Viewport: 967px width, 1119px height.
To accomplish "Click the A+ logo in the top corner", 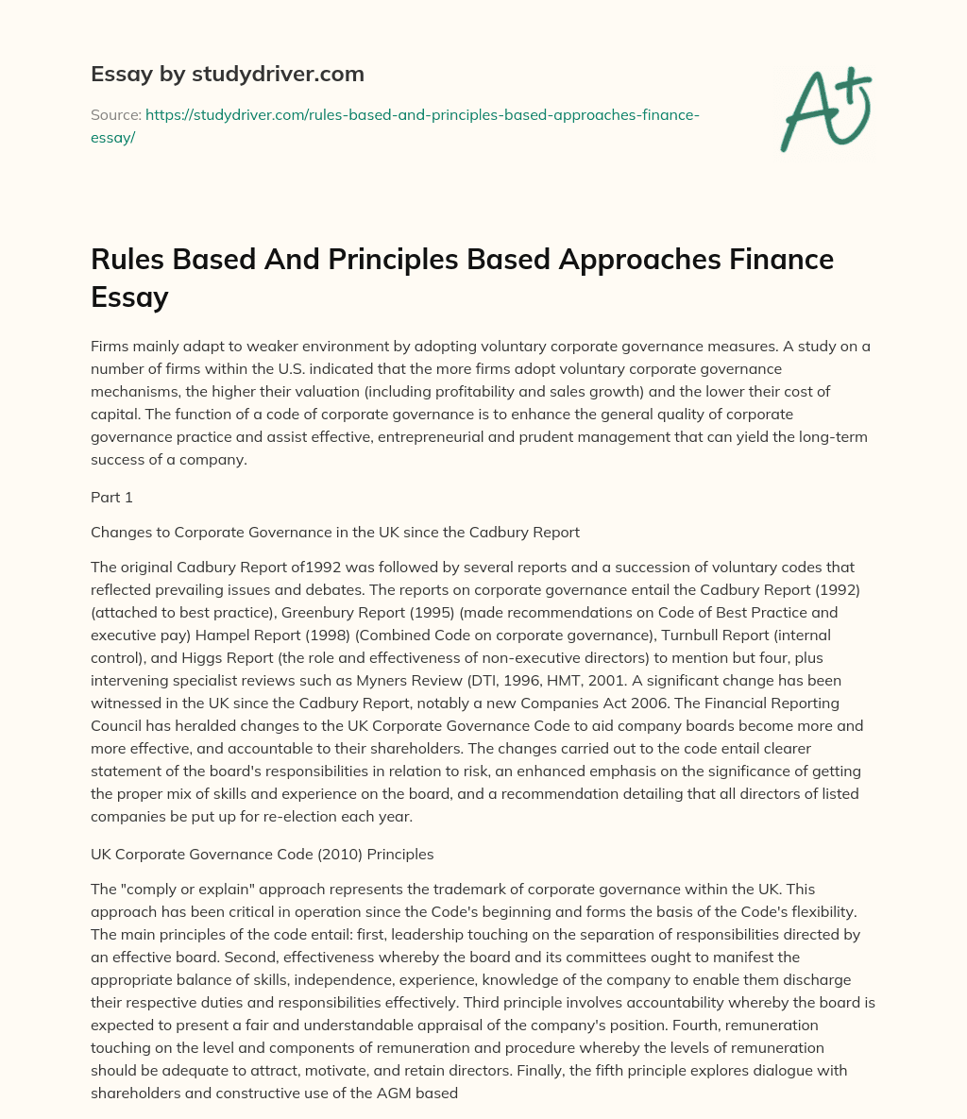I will (x=825, y=109).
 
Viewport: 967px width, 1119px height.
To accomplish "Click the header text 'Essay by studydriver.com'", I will (x=228, y=74).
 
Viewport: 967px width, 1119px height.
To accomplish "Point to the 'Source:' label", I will (x=115, y=114).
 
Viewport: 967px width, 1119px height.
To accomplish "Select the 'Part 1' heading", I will (x=112, y=498).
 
